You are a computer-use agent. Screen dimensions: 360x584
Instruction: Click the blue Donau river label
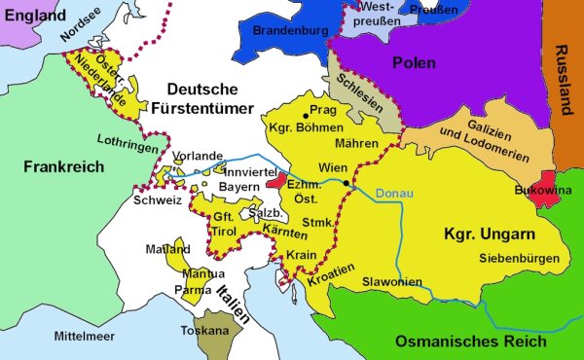[x=394, y=193]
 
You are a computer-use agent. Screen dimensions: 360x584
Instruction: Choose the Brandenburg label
[x=289, y=31]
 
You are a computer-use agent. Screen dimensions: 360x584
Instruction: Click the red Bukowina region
[x=541, y=184]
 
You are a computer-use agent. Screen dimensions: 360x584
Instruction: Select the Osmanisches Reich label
[x=470, y=341]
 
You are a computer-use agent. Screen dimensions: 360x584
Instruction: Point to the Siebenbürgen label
[x=519, y=258]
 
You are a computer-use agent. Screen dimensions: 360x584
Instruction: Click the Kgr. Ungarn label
[x=485, y=234]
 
